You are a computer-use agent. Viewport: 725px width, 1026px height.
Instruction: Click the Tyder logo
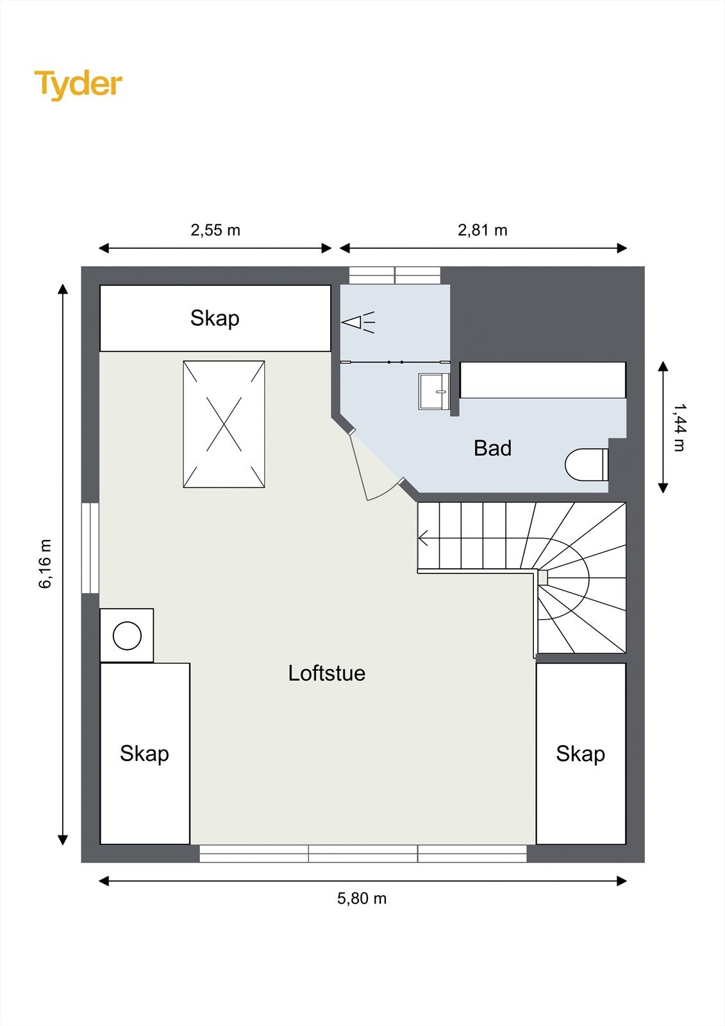tap(78, 84)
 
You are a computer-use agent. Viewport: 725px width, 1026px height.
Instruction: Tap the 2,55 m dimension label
tap(215, 230)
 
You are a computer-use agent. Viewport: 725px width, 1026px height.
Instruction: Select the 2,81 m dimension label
tap(482, 230)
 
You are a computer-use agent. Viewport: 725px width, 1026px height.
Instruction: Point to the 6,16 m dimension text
tap(46, 564)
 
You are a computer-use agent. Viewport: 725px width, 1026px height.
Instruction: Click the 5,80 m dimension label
tap(362, 898)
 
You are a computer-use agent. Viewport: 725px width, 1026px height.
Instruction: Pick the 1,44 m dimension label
tap(678, 427)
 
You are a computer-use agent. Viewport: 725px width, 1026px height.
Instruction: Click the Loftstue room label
tap(326, 673)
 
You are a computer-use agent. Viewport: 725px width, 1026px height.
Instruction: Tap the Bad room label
tap(492, 448)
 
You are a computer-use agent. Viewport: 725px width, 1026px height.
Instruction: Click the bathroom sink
tap(435, 391)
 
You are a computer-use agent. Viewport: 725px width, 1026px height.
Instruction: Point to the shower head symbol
tap(358, 322)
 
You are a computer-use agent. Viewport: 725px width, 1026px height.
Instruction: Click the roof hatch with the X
tap(224, 424)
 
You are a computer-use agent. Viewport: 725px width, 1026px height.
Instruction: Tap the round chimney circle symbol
tap(127, 636)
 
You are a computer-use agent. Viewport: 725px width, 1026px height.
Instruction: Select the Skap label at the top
tap(215, 318)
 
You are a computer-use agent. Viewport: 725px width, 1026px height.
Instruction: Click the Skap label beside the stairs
tap(580, 753)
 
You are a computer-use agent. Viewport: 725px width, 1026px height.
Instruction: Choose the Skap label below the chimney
tap(144, 753)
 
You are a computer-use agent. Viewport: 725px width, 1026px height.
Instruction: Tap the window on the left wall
tap(90, 548)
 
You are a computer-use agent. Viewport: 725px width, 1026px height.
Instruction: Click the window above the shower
tap(395, 275)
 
